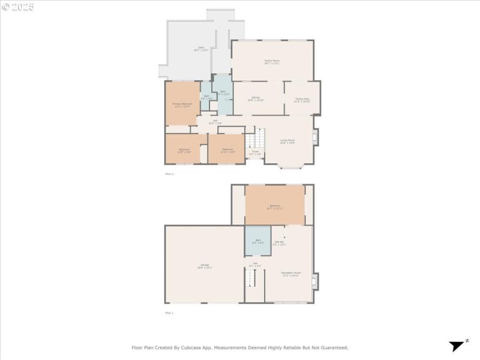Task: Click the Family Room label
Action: click(272, 62)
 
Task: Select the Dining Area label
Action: click(302, 100)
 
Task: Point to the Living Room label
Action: click(287, 142)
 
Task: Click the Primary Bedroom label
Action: click(182, 105)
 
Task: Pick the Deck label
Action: click(200, 49)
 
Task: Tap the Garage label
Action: click(205, 266)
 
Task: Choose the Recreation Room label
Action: click(291, 274)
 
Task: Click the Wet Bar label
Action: click(279, 243)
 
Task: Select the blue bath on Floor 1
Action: click(257, 241)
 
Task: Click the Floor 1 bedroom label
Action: click(275, 206)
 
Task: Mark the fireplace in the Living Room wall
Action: click(316, 137)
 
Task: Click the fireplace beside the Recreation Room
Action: click(316, 281)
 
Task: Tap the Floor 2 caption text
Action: click(169, 174)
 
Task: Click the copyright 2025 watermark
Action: click(18, 7)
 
